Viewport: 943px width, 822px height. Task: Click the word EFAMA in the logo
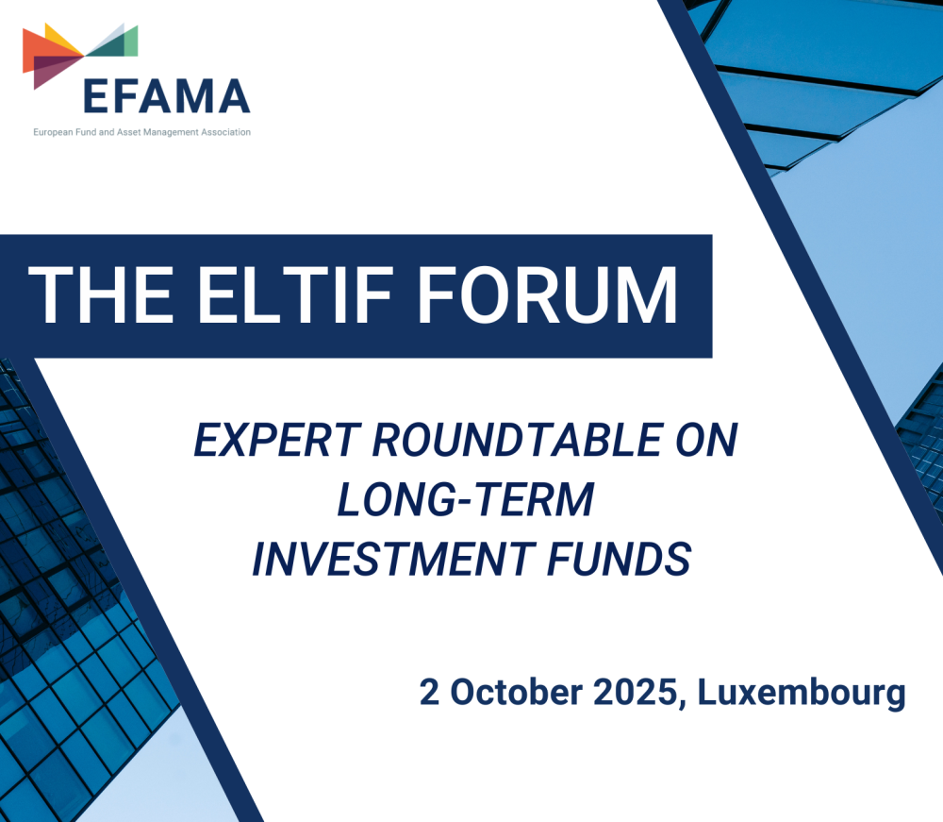click(166, 94)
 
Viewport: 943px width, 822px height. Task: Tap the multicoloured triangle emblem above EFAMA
click(80, 52)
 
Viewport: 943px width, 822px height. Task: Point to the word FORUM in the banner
click(548, 295)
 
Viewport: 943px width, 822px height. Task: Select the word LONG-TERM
click(466, 500)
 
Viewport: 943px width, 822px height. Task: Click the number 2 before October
click(430, 692)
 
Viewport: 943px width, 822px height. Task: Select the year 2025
click(637, 692)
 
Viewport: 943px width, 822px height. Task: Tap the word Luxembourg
click(802, 692)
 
